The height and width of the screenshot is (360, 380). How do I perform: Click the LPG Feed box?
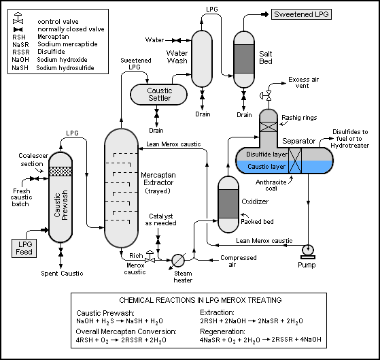(x=24, y=248)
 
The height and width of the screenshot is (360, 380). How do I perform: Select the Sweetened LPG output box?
(x=301, y=14)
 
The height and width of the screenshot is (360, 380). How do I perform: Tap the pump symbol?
(x=308, y=252)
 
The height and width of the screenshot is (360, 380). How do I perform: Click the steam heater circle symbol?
(x=178, y=260)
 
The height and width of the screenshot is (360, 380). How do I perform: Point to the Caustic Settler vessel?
(x=159, y=95)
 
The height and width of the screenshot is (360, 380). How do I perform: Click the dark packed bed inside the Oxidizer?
(x=228, y=203)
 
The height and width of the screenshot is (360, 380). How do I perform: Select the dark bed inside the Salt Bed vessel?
(x=244, y=59)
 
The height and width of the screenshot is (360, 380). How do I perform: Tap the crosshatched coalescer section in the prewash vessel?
(x=61, y=171)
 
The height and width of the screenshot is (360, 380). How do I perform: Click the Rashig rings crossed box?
(x=269, y=127)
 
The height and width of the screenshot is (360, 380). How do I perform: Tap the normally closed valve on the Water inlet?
(x=176, y=41)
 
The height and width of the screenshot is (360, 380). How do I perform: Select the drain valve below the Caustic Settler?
(x=157, y=113)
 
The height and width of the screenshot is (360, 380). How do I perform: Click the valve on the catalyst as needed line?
(x=158, y=239)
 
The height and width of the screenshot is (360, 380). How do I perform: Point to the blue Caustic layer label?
(x=266, y=167)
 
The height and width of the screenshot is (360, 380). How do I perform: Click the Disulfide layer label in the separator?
(x=267, y=154)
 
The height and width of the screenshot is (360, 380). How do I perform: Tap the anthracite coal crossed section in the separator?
(x=295, y=161)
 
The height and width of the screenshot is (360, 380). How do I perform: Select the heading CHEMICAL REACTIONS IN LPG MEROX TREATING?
(x=201, y=300)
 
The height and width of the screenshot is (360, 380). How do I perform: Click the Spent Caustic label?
(x=62, y=274)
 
